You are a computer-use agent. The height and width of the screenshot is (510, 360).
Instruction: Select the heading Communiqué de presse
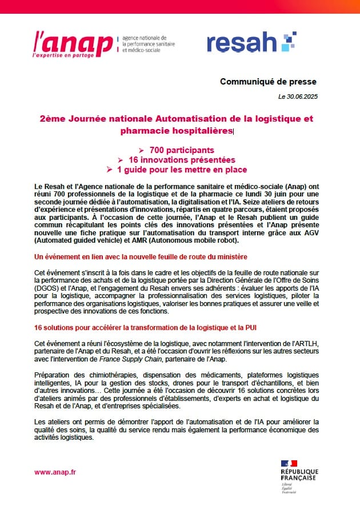tap(268, 82)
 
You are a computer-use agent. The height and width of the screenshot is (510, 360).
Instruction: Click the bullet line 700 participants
tap(182, 150)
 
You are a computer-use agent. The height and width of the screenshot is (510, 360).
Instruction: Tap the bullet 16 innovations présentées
tap(182, 159)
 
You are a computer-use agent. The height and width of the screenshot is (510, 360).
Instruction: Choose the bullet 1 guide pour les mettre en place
tap(182, 170)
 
